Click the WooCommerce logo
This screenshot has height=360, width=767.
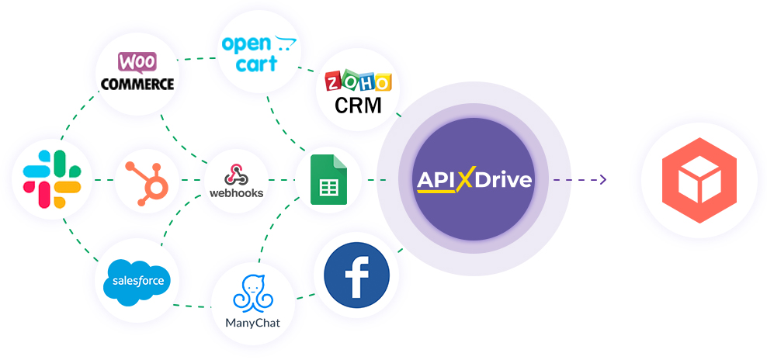[136, 72]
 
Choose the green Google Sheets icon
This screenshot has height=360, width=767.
[328, 180]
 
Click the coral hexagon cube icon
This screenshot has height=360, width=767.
[699, 180]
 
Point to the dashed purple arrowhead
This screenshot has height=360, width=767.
[602, 180]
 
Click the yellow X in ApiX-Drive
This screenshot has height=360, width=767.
[465, 180]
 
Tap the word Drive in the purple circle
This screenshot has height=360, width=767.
[504, 180]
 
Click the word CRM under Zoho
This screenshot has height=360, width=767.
[358, 105]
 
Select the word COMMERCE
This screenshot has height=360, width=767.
[136, 83]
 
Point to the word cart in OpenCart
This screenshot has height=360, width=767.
[256, 64]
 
